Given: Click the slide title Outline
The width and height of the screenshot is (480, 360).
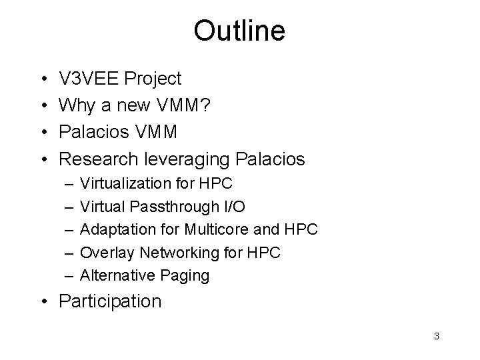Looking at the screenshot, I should tap(239, 30).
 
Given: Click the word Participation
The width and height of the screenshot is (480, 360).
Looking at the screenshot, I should tap(110, 301).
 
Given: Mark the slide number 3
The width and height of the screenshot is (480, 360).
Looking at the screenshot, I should tap(436, 336).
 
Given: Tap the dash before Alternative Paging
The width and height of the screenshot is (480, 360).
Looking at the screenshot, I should tap(66, 275).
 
